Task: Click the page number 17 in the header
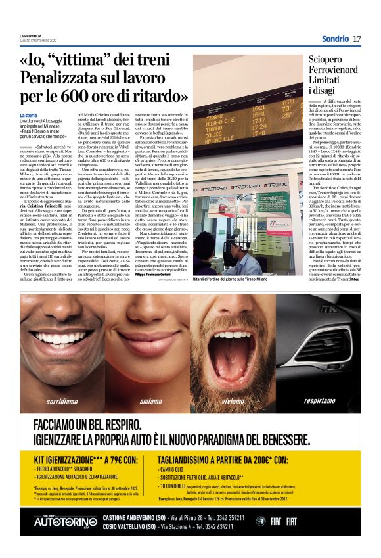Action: [357, 39]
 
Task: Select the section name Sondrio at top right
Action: [335, 39]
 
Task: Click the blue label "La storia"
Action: [29, 116]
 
